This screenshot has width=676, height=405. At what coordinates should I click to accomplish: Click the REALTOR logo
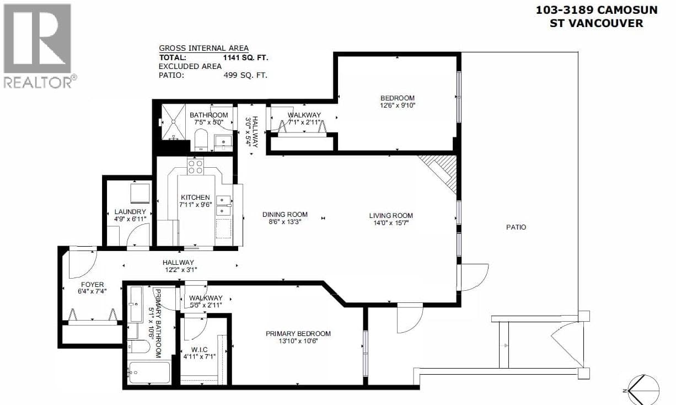point(40,46)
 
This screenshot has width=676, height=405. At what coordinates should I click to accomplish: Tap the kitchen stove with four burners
point(195,167)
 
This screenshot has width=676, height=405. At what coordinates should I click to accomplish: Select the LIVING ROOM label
point(391,216)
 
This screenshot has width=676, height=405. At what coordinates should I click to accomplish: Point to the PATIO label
point(516,227)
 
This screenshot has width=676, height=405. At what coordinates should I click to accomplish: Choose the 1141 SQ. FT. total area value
point(246,58)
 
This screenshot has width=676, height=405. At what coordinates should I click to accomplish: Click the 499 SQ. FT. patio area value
point(245,75)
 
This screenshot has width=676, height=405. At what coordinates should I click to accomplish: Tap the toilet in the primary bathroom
point(138,347)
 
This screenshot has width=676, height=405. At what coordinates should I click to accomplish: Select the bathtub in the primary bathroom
point(149,372)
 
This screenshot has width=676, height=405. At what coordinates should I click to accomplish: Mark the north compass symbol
point(643,390)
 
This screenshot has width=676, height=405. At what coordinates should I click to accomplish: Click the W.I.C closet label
point(200,350)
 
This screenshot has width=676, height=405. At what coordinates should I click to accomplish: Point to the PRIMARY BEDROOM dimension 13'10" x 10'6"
point(298,342)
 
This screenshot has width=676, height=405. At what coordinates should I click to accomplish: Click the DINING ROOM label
point(285,215)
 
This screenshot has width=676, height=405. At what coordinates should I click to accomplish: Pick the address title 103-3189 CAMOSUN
point(597,10)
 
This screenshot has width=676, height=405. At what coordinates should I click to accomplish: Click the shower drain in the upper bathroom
point(174,121)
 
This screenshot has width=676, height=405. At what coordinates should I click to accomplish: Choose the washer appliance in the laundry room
point(140,193)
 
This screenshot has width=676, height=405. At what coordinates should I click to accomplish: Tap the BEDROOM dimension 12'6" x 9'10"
point(398,105)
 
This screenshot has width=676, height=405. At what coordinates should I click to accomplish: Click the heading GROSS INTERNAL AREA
point(203,49)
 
